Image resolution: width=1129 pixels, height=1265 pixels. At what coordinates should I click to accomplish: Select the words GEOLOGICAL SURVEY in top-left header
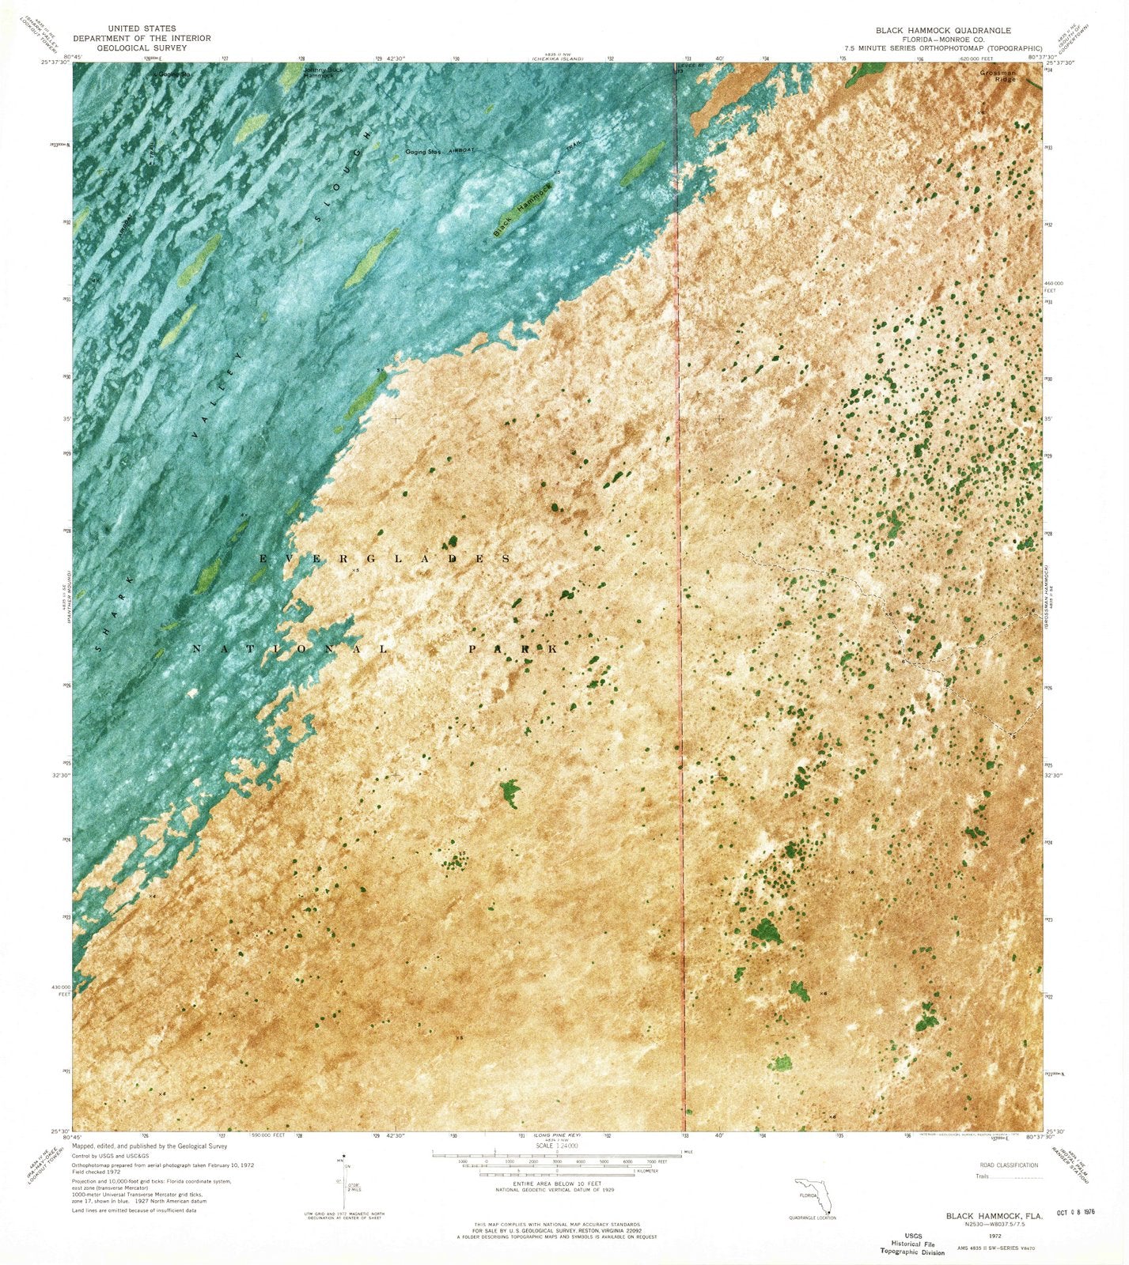tap(142, 47)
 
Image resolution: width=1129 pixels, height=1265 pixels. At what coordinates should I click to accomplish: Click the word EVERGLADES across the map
tap(385, 559)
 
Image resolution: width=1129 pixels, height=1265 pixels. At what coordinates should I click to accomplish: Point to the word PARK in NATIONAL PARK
tap(513, 649)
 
